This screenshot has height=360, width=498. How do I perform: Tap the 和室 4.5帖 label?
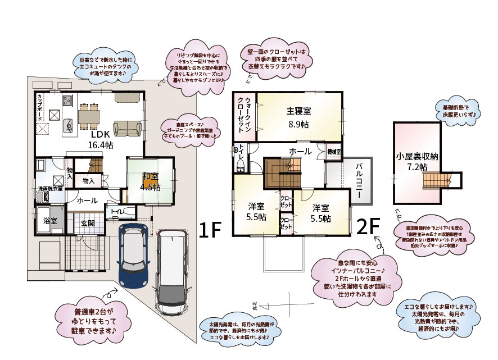(150, 182)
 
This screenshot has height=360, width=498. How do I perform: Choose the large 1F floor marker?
(211, 229)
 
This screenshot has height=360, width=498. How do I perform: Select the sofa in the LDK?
(127, 128)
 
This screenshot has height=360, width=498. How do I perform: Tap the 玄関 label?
(87, 222)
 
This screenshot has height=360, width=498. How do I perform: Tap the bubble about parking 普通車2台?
(94, 321)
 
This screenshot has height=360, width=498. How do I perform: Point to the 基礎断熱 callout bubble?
(455, 110)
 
